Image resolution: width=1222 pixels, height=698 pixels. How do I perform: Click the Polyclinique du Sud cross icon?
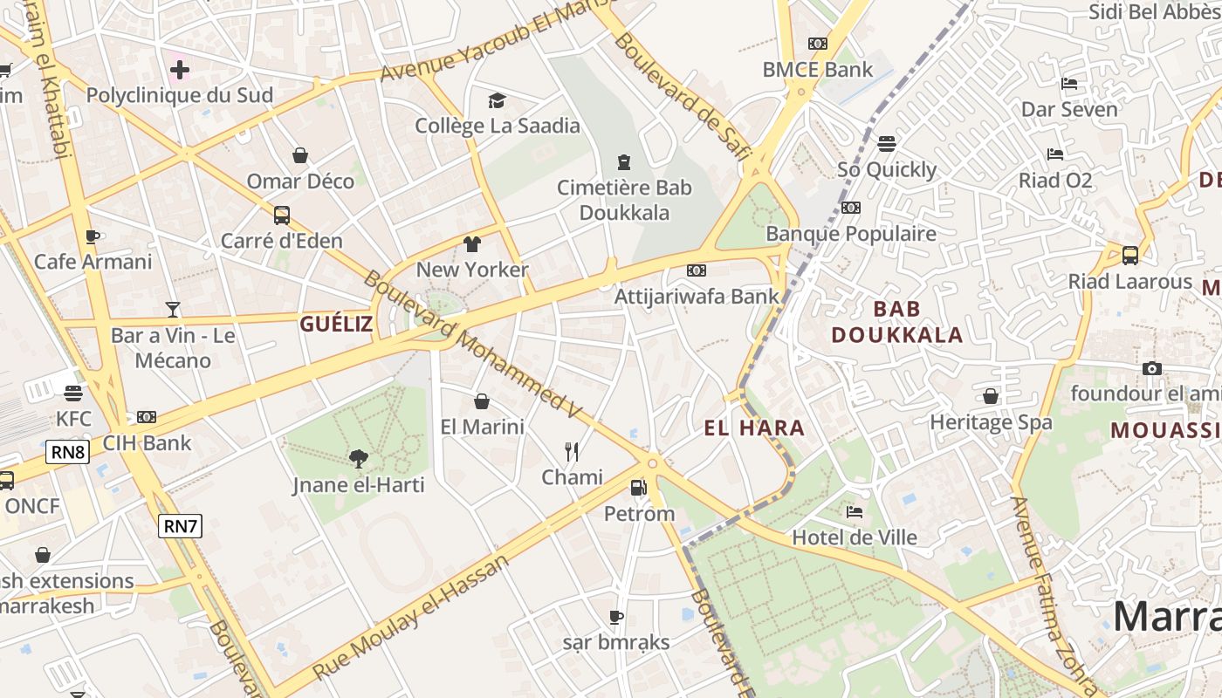[180, 69]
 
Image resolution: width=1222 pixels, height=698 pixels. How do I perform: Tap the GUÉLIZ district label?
[336, 325]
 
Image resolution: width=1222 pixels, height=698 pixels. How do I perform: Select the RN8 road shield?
[68, 452]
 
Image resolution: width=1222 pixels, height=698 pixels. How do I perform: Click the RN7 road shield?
[181, 526]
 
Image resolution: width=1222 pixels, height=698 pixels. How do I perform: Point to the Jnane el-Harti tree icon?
[358, 458]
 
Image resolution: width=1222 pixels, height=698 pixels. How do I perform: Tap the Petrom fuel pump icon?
[639, 487]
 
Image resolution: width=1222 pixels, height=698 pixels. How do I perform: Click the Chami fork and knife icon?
[572, 451]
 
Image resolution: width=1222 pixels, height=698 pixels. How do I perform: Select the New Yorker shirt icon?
[472, 243]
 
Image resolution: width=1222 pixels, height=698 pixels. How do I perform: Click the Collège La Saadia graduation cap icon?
[497, 100]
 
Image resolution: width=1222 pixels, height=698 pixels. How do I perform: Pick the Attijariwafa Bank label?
[697, 296]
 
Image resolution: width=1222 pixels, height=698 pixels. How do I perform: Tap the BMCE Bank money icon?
[818, 44]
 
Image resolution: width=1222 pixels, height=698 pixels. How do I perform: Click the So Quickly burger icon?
[887, 144]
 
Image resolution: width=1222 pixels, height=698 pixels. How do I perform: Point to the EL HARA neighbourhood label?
[754, 428]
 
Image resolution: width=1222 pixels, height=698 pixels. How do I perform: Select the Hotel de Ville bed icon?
[855, 512]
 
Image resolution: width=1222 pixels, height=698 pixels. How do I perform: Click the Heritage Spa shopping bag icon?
[991, 397]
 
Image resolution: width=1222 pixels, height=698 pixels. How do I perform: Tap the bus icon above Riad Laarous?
[1129, 256]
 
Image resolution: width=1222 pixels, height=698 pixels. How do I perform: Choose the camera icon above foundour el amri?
[1152, 368]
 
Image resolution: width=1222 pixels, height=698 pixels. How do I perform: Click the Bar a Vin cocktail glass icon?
[173, 309]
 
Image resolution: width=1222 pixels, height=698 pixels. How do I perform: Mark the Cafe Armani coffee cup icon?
[93, 236]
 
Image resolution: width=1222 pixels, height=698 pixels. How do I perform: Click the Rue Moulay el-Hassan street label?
[410, 617]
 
